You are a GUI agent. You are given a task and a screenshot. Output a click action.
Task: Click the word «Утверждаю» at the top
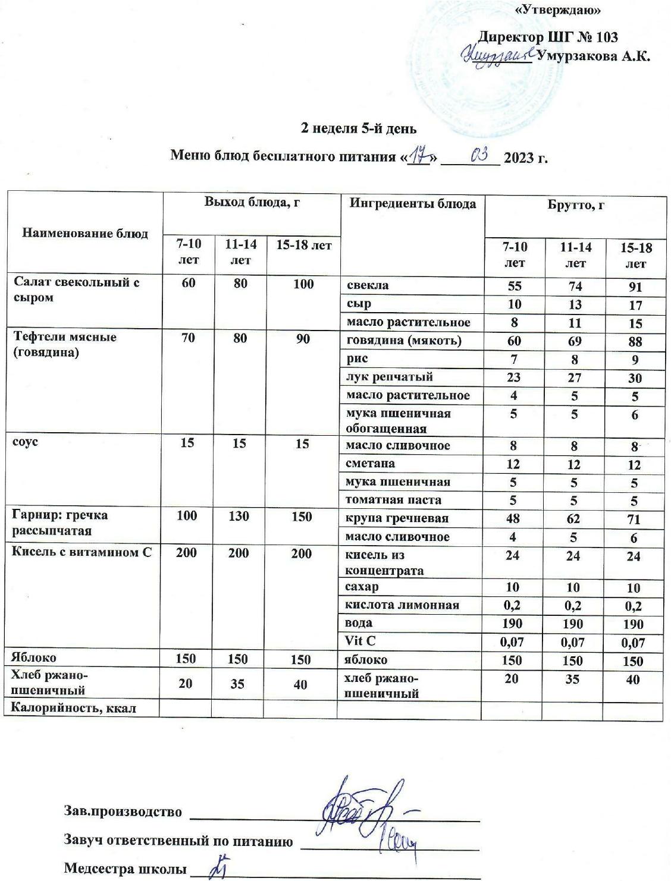click(557, 10)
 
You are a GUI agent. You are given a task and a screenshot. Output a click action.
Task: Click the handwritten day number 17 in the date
click(422, 156)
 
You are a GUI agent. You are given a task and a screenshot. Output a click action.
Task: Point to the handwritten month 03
click(479, 156)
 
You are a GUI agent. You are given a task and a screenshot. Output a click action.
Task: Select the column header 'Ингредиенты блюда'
click(412, 204)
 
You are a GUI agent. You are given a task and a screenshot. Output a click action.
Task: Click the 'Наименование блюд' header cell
click(84, 233)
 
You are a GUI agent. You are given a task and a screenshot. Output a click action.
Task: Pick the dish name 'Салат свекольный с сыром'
click(76, 290)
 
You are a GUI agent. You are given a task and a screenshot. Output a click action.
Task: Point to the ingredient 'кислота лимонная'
click(403, 605)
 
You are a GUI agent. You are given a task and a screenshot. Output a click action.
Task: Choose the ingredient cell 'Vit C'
click(360, 641)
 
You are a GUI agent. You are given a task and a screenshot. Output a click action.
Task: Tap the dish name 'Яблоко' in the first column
click(35, 657)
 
